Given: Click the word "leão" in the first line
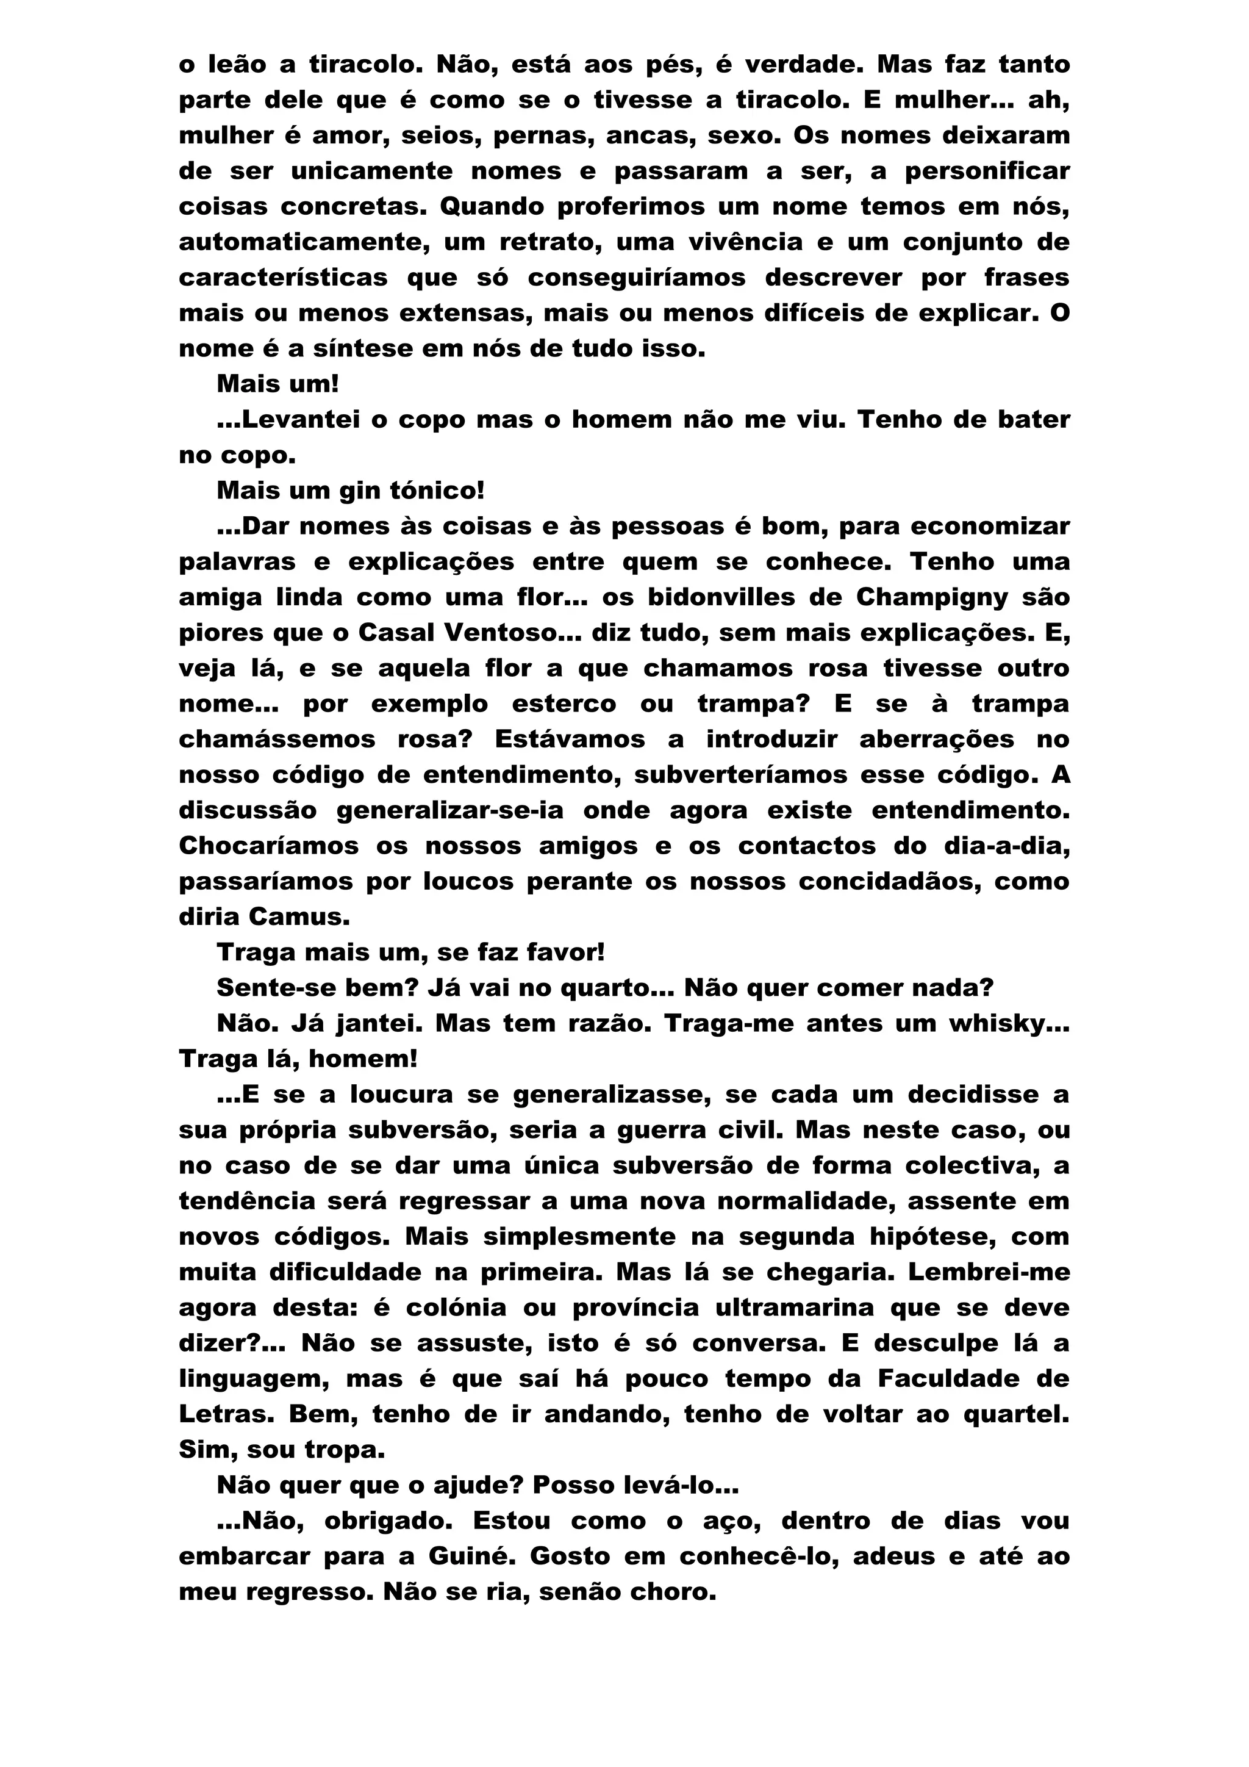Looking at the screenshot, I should (x=236, y=65).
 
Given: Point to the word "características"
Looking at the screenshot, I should (x=283, y=278).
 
